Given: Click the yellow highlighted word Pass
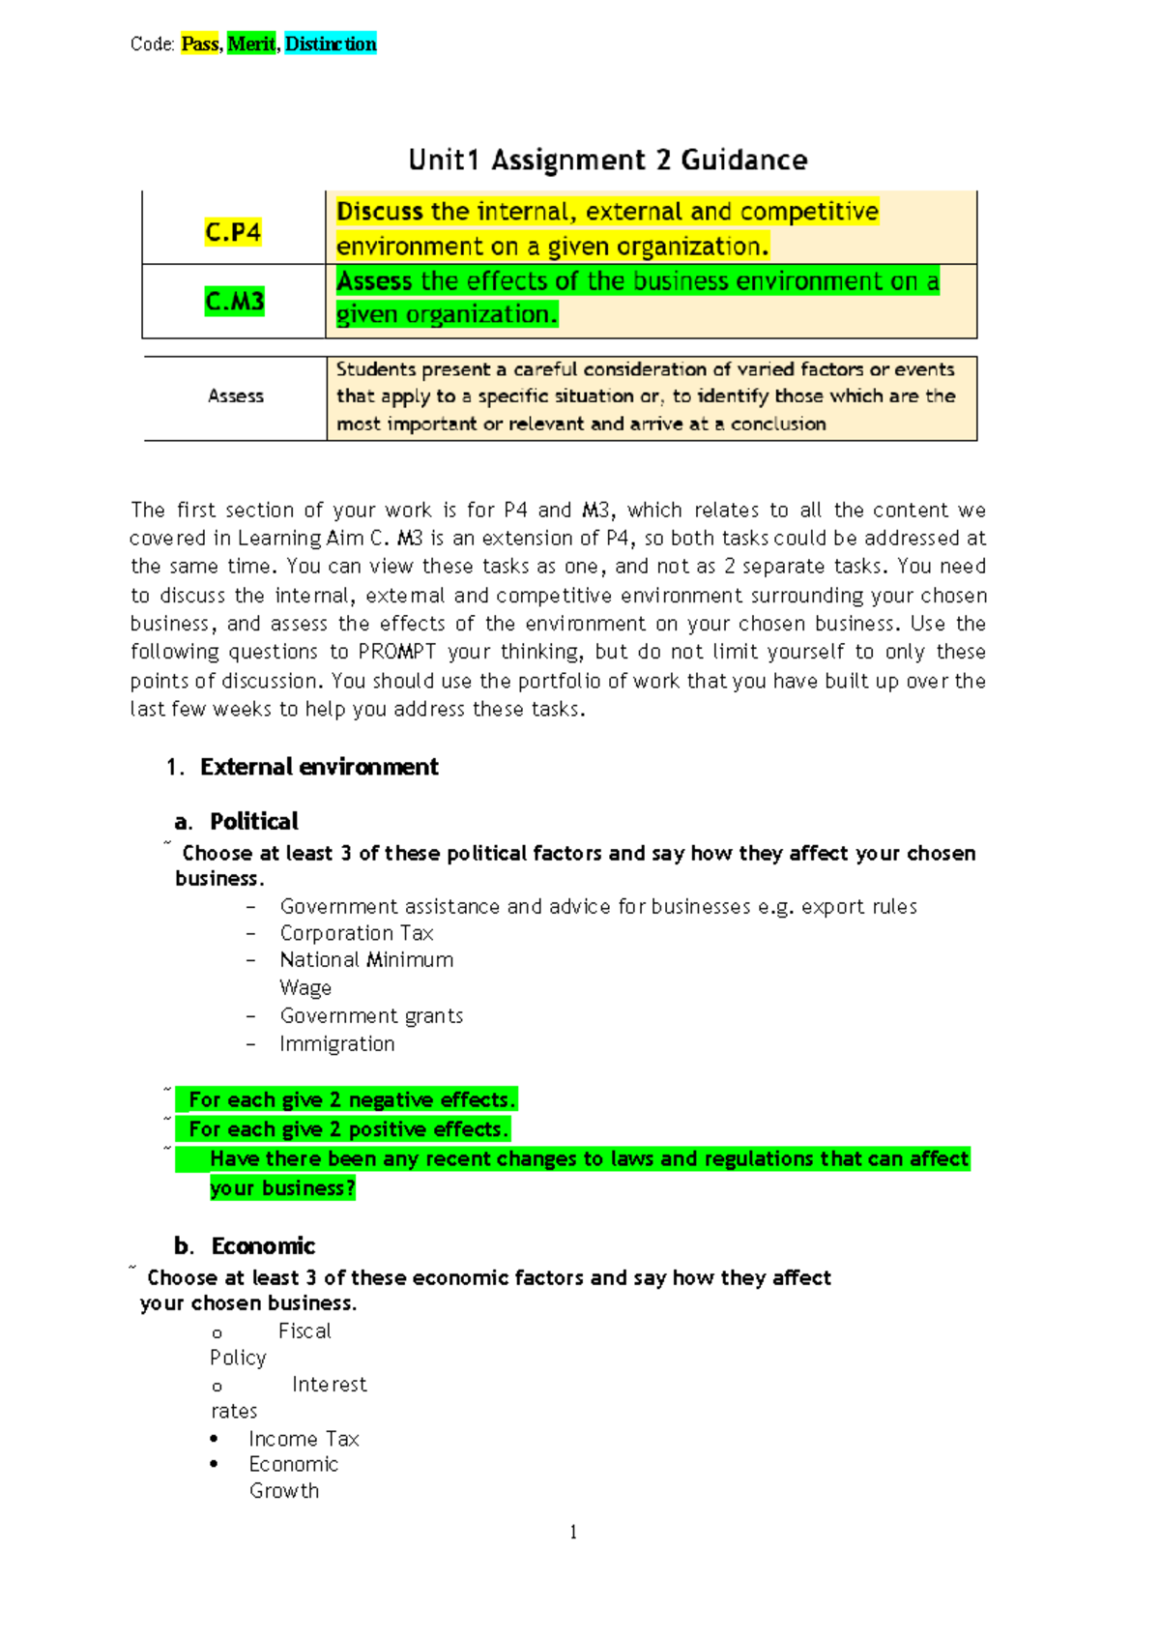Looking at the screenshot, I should [200, 44].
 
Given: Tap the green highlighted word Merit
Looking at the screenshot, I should [251, 44].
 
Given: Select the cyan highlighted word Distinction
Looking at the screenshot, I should [331, 44].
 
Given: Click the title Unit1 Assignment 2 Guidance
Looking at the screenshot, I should [607, 161].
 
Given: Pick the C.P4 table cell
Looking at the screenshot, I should [233, 232].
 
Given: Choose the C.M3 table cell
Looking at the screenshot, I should [234, 302].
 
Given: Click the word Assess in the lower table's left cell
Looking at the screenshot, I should [236, 396].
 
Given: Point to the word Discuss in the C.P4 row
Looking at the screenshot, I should [380, 212].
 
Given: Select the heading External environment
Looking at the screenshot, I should [319, 768].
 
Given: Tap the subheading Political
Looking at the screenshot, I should [254, 822].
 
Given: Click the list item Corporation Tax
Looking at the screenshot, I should [357, 933].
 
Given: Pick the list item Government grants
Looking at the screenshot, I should [371, 1016].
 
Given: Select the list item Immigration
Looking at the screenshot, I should [337, 1044].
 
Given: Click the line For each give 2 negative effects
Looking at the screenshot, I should [352, 1100].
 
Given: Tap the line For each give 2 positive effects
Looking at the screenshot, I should [348, 1129].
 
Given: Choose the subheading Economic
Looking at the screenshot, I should [263, 1246].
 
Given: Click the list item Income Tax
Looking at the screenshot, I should [304, 1439].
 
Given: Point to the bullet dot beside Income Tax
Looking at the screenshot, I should [215, 1439].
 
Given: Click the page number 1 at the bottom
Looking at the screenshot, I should [573, 1532].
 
